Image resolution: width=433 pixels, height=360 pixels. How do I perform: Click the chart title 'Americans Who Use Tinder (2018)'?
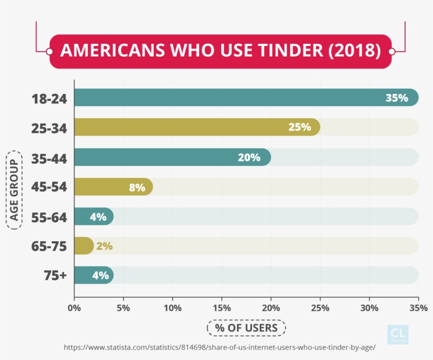pyautogui.click(x=220, y=51)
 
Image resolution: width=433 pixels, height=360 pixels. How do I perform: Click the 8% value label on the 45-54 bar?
pyautogui.click(x=137, y=187)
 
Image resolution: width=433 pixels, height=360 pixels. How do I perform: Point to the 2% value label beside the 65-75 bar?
pyautogui.click(x=104, y=245)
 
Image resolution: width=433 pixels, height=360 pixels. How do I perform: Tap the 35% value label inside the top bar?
pyautogui.click(x=397, y=98)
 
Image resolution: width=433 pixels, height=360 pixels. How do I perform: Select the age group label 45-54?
pyautogui.click(x=49, y=187)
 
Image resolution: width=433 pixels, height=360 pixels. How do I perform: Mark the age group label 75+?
pyautogui.click(x=53, y=275)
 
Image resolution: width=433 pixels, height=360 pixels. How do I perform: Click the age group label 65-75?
pyautogui.click(x=49, y=245)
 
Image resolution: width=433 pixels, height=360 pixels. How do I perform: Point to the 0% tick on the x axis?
pyautogui.click(x=74, y=308)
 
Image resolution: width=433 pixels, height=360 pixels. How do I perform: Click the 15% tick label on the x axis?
pyautogui.click(x=222, y=308)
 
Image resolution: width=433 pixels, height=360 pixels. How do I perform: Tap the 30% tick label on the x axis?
pyautogui.click(x=370, y=308)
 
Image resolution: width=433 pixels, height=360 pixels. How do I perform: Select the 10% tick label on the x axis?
pyautogui.click(x=173, y=308)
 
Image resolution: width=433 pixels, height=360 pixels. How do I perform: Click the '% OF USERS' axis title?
pyautogui.click(x=246, y=328)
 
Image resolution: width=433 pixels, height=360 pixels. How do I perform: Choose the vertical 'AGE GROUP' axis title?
pyautogui.click(x=14, y=190)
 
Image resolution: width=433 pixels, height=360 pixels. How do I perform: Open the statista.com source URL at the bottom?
pyautogui.click(x=220, y=347)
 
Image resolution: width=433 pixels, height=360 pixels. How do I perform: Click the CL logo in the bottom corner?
pyautogui.click(x=397, y=334)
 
